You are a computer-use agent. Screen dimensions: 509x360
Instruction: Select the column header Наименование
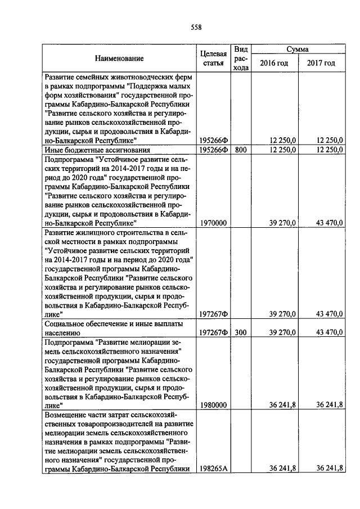pyautogui.click(x=119, y=58)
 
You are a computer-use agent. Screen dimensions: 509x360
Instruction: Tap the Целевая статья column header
pyautogui.click(x=214, y=58)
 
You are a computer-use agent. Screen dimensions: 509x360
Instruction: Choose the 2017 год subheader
pyautogui.click(x=321, y=63)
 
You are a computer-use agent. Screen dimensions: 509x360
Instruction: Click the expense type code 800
pyautogui.click(x=241, y=150)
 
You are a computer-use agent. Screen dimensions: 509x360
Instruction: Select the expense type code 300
pyautogui.click(x=241, y=332)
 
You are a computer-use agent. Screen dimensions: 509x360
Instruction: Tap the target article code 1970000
pyautogui.click(x=214, y=223)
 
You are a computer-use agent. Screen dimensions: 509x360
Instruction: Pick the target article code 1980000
pyautogui.click(x=214, y=405)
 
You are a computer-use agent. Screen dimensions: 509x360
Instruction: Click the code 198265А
pyautogui.click(x=214, y=468)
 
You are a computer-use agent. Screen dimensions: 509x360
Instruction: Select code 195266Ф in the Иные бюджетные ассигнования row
pyautogui.click(x=214, y=150)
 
